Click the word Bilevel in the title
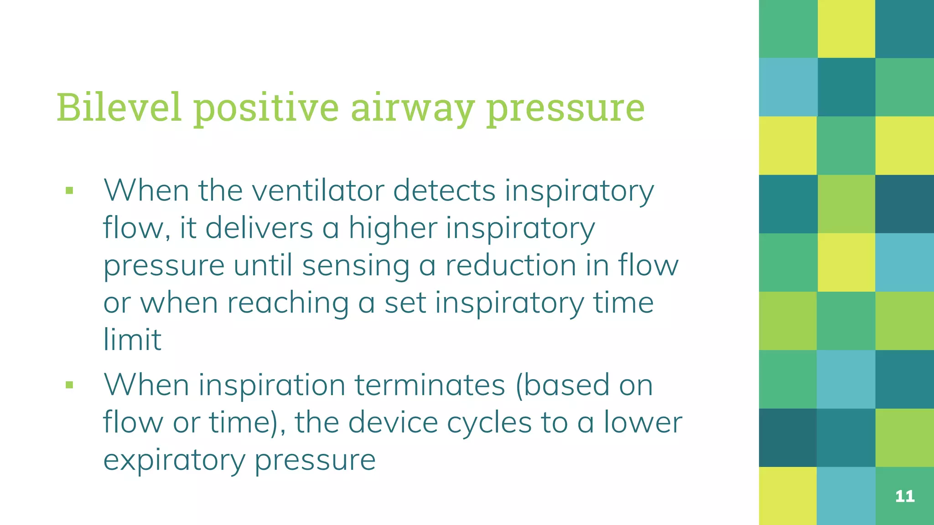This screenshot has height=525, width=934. pos(119,108)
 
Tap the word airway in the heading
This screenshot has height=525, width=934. pos(412,108)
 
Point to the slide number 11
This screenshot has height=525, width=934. pos(905,496)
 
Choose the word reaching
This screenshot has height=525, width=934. pos(288,303)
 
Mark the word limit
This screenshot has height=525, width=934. pos(132,340)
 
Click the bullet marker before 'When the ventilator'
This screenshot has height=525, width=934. pos(69,190)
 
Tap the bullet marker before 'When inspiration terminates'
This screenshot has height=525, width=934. pos(69,386)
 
